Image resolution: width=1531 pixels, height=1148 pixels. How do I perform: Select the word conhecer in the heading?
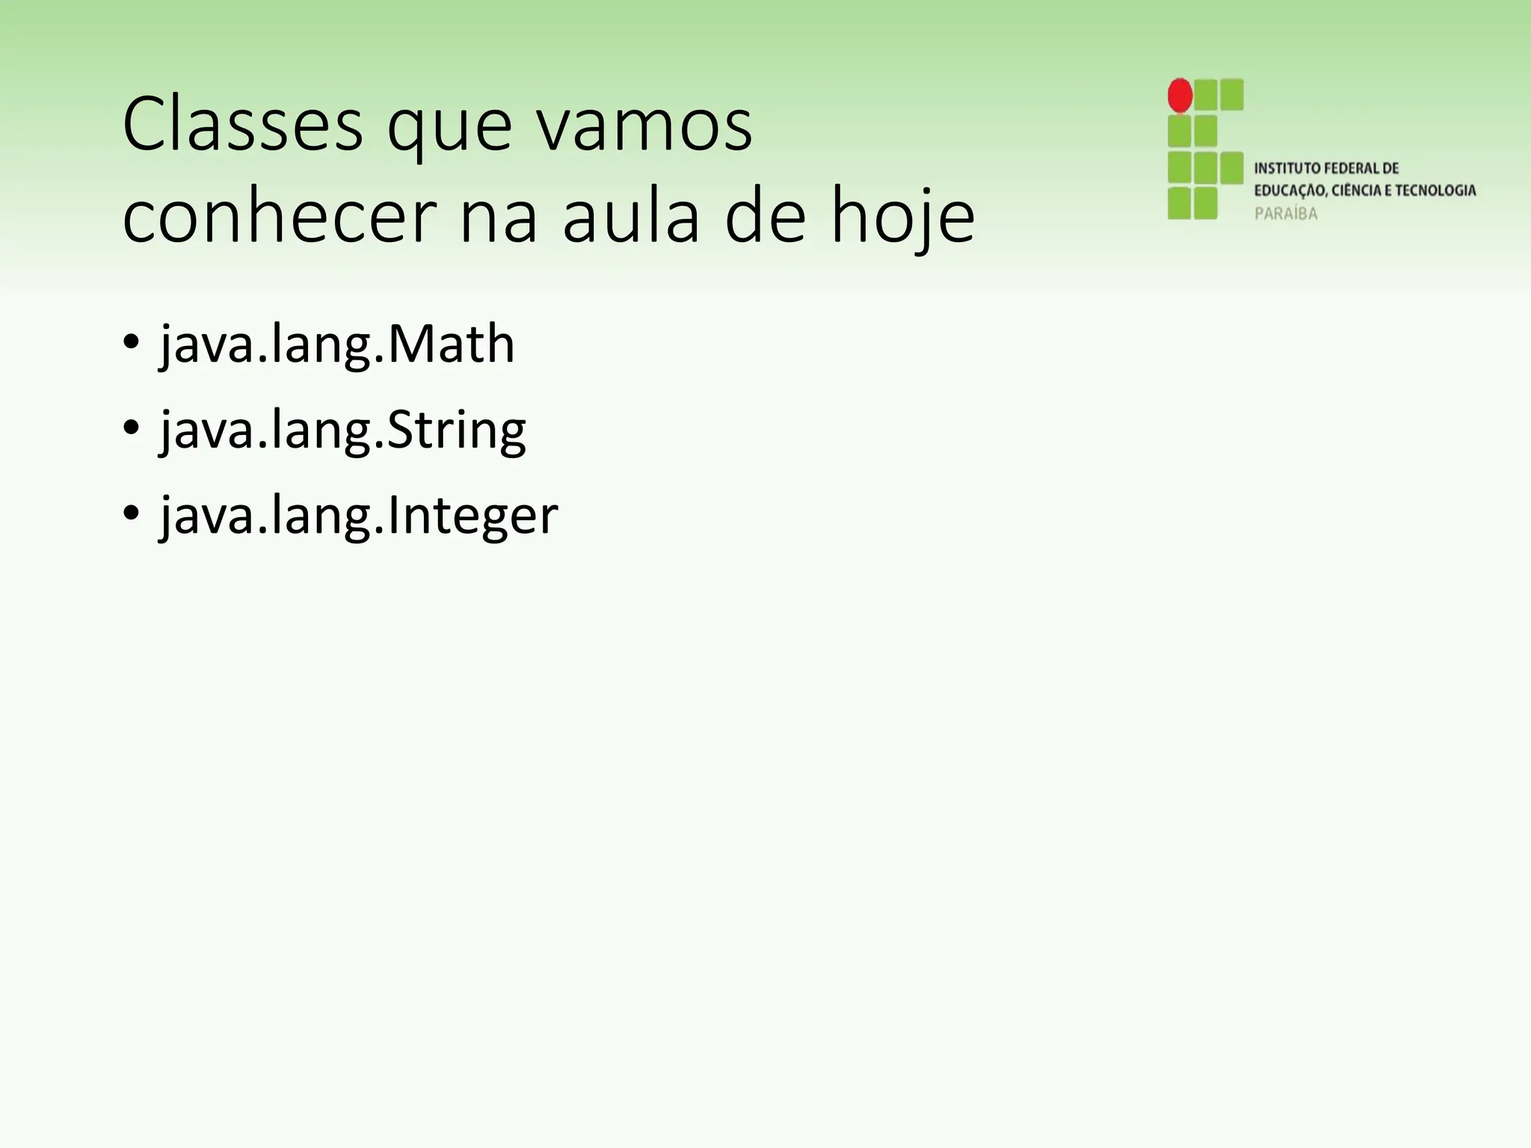tap(280, 217)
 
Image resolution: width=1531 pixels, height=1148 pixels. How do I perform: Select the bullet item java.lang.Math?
tap(337, 345)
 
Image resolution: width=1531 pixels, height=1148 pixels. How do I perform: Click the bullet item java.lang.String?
tap(343, 431)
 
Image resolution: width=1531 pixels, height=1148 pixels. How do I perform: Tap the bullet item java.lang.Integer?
tap(359, 516)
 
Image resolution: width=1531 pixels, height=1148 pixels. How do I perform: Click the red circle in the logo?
tap(1180, 96)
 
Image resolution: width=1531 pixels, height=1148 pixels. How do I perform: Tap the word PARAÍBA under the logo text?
tap(1286, 214)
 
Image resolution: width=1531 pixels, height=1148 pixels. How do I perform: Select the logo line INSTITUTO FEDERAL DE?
tap(1326, 168)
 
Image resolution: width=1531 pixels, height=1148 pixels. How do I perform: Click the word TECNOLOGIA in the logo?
tap(1434, 191)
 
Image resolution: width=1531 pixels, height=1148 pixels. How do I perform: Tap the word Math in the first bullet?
tap(451, 345)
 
